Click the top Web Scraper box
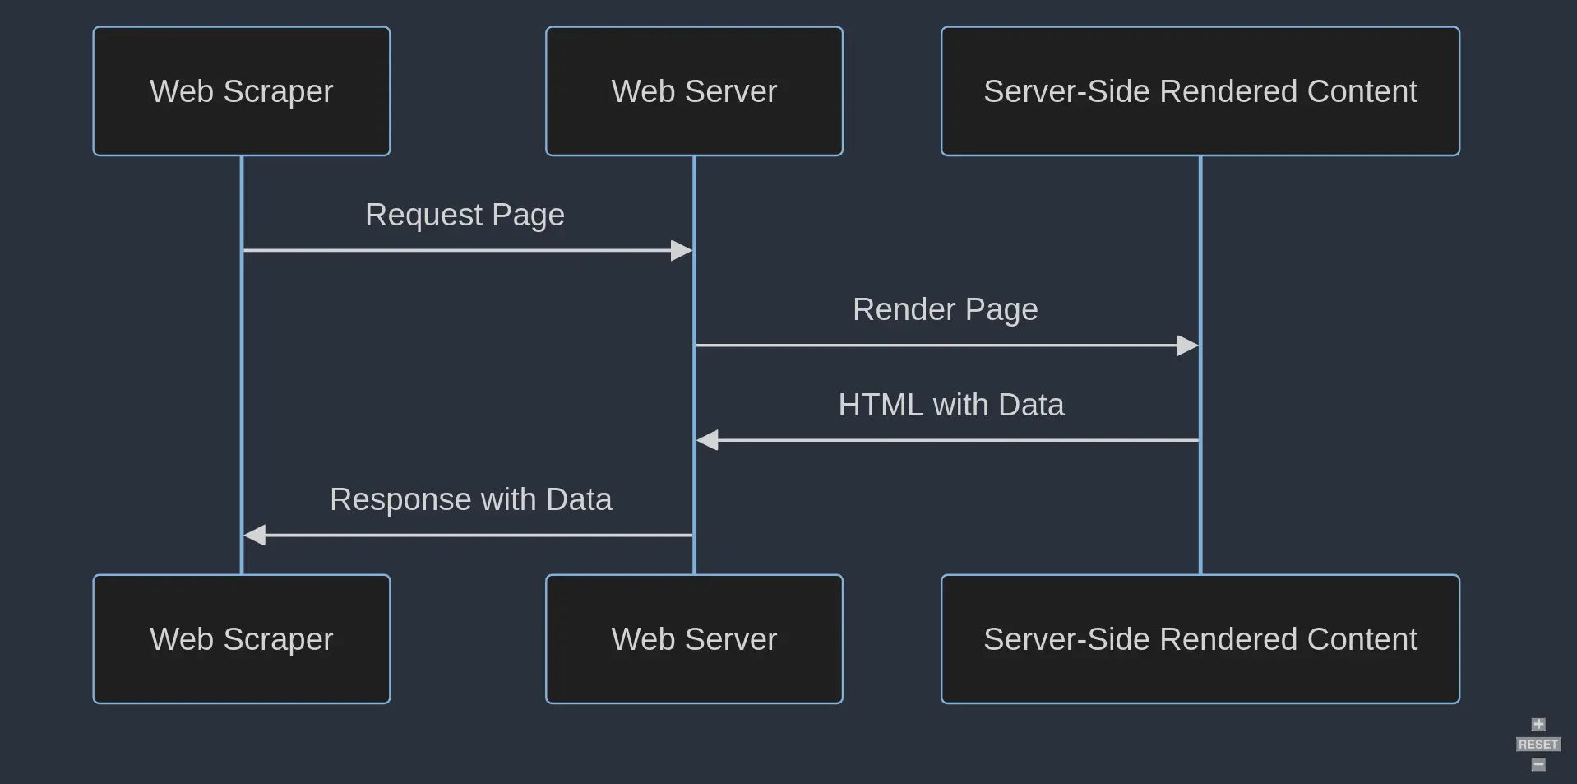pyautogui.click(x=241, y=91)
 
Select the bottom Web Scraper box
pyautogui.click(x=241, y=639)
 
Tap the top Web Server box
pyautogui.click(x=694, y=91)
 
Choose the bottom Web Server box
pyautogui.click(x=694, y=639)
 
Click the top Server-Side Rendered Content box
pyautogui.click(x=1200, y=91)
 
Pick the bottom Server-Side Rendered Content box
pyautogui.click(x=1200, y=639)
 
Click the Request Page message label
pyautogui.click(x=465, y=216)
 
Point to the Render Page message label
pyautogui.click(x=945, y=310)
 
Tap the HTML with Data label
pyautogui.click(x=950, y=405)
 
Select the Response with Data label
pyautogui.click(x=470, y=500)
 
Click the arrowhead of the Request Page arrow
pyautogui.click(x=682, y=250)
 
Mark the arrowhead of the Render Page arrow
pyautogui.click(x=1187, y=346)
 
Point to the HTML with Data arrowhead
pyautogui.click(x=708, y=440)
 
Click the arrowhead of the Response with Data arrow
pyautogui.click(x=255, y=535)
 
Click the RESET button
pyautogui.click(x=1538, y=745)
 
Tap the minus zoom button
pyautogui.click(x=1538, y=765)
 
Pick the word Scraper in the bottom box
pyautogui.click(x=278, y=639)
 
